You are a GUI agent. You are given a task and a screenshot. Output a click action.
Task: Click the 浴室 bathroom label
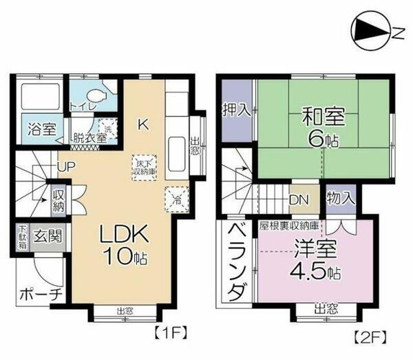(x=40, y=128)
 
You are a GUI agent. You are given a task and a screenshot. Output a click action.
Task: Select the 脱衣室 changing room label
(x=89, y=137)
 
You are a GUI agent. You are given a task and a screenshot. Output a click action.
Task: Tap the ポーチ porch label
(x=41, y=295)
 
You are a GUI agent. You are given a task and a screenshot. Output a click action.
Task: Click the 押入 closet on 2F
(x=235, y=112)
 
